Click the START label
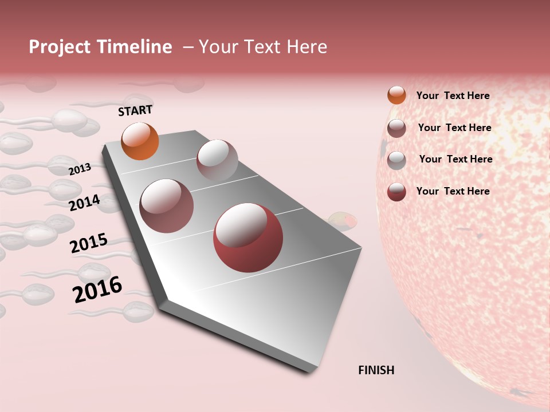(x=135, y=110)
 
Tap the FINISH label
(x=376, y=370)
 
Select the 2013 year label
(x=80, y=169)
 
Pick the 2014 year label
(x=84, y=203)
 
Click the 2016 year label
(x=97, y=290)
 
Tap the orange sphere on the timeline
(x=140, y=141)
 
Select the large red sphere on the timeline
(x=248, y=237)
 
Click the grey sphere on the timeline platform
(x=217, y=160)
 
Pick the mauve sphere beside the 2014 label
(x=166, y=206)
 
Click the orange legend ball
(x=396, y=95)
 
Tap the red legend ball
(x=396, y=192)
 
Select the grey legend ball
(x=396, y=160)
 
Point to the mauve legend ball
(x=396, y=128)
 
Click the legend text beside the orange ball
(x=453, y=96)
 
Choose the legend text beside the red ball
(x=453, y=191)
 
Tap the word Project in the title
(x=60, y=47)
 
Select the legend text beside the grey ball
(x=455, y=159)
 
